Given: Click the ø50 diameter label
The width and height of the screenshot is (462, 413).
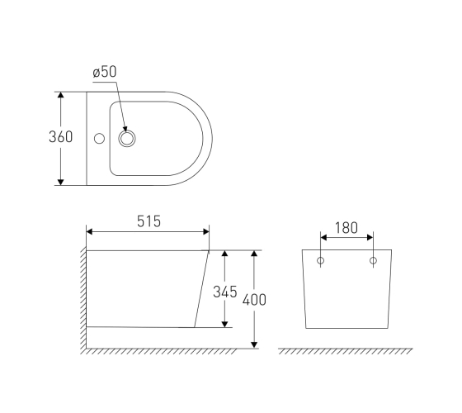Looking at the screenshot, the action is (105, 72).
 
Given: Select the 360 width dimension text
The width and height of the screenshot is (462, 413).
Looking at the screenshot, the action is (60, 137).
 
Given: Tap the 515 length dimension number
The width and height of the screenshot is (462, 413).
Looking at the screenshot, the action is (148, 221).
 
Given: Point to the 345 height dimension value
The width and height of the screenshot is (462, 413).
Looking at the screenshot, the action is (224, 292).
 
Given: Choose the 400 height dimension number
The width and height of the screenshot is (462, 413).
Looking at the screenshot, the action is (254, 299).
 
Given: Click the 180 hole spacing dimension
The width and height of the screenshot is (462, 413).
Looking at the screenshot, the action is (346, 228).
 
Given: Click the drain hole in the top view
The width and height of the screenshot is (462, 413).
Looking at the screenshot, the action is (127, 139).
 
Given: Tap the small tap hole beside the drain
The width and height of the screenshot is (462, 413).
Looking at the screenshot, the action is (99, 139).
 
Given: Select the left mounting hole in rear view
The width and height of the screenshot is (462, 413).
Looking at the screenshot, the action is (321, 260).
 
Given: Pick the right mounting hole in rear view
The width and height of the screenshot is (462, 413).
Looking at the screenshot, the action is (373, 260).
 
